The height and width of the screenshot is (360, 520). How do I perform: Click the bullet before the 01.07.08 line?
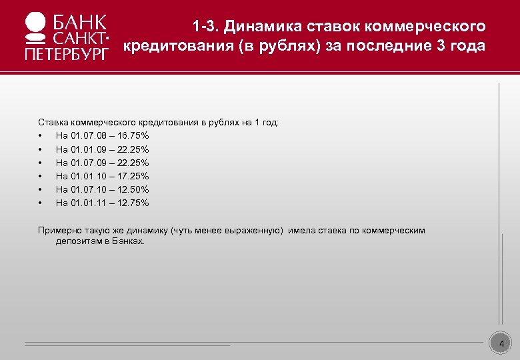coord(41,136)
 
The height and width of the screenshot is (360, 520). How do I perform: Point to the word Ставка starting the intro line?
coord(51,123)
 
